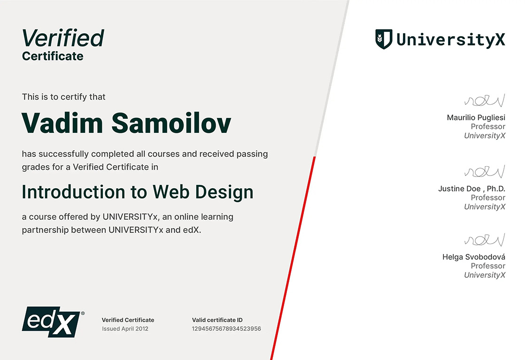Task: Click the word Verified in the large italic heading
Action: tap(63, 38)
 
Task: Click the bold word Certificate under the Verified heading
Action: tap(53, 56)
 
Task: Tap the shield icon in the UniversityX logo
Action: tap(384, 39)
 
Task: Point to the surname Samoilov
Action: tap(171, 123)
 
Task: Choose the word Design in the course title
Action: tap(224, 192)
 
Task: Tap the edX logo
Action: tap(53, 322)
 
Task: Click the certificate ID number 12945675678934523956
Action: tap(226, 329)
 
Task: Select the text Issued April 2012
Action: tap(125, 329)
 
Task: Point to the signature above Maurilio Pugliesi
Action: tap(485, 100)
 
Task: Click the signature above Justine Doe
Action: tap(485, 171)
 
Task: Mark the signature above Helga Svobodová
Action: tap(485, 239)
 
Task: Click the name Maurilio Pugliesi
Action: tap(476, 117)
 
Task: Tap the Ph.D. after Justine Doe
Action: tap(496, 189)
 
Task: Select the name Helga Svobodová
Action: tap(474, 257)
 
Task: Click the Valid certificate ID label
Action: tap(217, 320)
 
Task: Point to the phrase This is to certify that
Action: tap(63, 97)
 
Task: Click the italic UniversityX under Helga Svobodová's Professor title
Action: tap(485, 275)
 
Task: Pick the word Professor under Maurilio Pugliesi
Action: tap(488, 127)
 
